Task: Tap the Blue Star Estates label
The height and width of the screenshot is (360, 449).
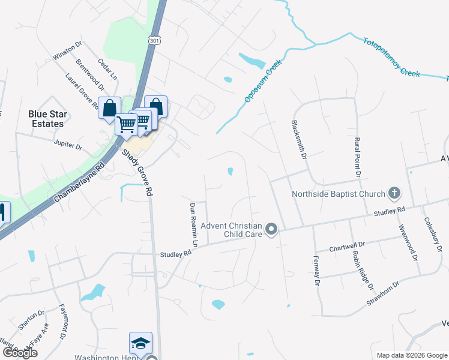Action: [46, 119]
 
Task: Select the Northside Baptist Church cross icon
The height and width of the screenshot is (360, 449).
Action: [394, 193]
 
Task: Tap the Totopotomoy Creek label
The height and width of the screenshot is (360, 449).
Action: [391, 57]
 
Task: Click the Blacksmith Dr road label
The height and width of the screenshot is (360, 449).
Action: [299, 138]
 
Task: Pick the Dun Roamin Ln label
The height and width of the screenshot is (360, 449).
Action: [194, 224]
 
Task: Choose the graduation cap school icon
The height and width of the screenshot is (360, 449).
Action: [140, 343]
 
